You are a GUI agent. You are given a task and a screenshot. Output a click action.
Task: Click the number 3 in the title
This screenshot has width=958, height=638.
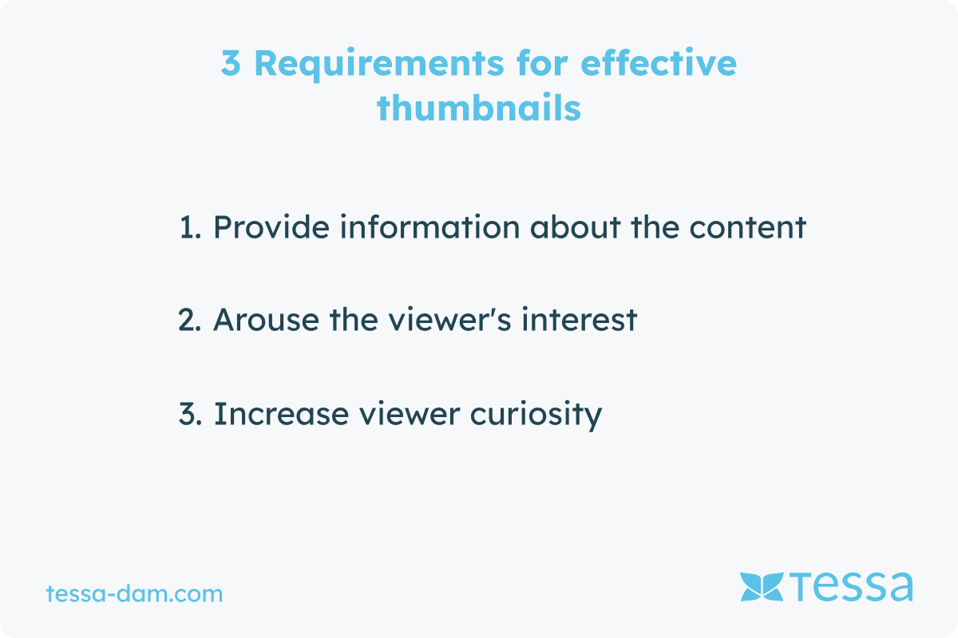pos(231,63)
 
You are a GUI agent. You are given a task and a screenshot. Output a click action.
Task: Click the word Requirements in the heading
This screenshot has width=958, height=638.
pos(379,64)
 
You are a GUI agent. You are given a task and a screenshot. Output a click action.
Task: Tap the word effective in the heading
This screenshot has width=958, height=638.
pos(659,62)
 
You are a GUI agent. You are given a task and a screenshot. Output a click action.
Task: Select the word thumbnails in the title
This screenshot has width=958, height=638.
pos(478,107)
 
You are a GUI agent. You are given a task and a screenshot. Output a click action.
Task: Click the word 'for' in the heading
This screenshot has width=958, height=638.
pos(542,62)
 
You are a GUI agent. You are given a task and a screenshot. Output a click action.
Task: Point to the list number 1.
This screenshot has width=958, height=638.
pos(190,227)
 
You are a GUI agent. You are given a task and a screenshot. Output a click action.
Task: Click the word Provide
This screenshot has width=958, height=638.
pos(271,226)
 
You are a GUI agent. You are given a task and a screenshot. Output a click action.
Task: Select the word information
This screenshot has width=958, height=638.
pos(430,226)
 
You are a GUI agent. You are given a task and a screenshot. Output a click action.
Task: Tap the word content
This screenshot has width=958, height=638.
pos(747,227)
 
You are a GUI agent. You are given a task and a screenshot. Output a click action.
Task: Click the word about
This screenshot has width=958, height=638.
pos(576,226)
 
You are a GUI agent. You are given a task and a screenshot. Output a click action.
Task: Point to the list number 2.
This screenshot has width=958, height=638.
pos(189,320)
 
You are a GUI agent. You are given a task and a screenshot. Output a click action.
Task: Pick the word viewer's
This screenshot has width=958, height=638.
pos(449,319)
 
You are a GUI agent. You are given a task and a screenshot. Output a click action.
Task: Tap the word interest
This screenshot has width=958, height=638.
pos(580,319)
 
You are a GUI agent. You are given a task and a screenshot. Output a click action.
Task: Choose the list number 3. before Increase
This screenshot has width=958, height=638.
pos(190,414)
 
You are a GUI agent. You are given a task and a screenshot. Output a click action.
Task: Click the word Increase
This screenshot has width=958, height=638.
pos(281,413)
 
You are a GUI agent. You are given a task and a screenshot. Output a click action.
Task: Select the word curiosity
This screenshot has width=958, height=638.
pos(536,415)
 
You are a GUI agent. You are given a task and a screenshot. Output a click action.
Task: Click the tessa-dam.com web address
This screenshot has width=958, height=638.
pos(134,593)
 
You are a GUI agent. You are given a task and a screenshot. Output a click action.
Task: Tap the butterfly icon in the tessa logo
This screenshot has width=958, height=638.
pos(762,587)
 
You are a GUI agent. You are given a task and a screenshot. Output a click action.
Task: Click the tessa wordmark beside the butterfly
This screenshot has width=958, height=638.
pos(851,586)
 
